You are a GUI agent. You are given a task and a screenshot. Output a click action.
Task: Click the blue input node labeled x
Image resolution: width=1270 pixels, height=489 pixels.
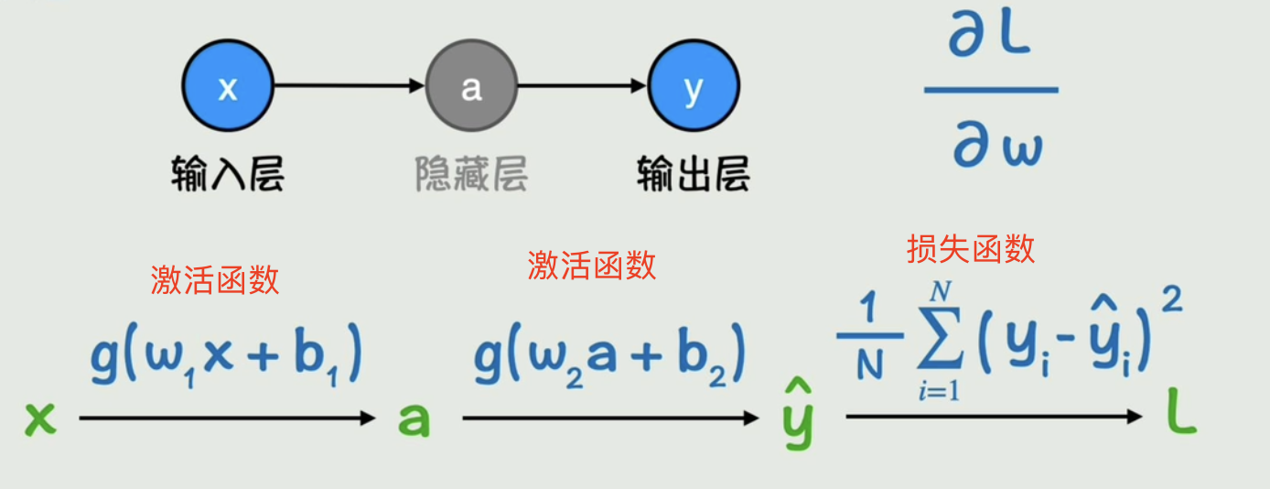click(x=228, y=88)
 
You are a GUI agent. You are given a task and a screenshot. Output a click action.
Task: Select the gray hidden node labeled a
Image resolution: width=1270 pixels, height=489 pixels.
click(x=471, y=88)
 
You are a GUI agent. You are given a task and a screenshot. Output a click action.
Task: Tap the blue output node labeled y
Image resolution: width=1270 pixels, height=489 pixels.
click(x=694, y=88)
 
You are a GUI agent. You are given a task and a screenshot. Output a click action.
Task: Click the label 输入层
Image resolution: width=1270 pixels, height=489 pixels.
click(x=227, y=172)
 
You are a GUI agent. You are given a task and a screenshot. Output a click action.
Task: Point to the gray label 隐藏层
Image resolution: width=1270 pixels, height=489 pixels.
click(x=471, y=172)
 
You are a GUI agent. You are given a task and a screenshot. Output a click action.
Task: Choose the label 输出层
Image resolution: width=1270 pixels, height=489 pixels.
click(x=694, y=172)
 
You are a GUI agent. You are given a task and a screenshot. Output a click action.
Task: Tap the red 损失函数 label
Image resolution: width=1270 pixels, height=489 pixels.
click(x=971, y=248)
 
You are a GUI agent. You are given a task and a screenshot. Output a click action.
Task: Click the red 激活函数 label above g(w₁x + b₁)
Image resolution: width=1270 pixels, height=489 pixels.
click(x=215, y=280)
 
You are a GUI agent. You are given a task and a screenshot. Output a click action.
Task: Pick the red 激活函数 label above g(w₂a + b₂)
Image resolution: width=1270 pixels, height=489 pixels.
click(x=592, y=265)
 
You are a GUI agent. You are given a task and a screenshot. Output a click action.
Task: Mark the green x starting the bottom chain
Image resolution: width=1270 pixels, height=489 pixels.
click(x=41, y=419)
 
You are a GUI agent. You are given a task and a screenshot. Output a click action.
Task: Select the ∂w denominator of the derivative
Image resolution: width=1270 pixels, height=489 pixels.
click(x=997, y=147)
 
